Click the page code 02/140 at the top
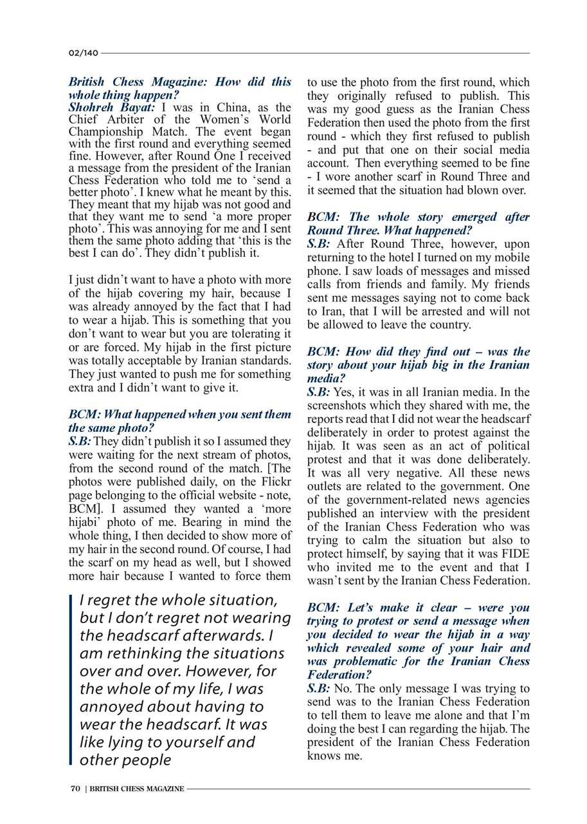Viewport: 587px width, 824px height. (82, 53)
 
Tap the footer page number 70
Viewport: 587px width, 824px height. (75, 788)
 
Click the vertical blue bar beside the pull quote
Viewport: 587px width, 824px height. (71, 680)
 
